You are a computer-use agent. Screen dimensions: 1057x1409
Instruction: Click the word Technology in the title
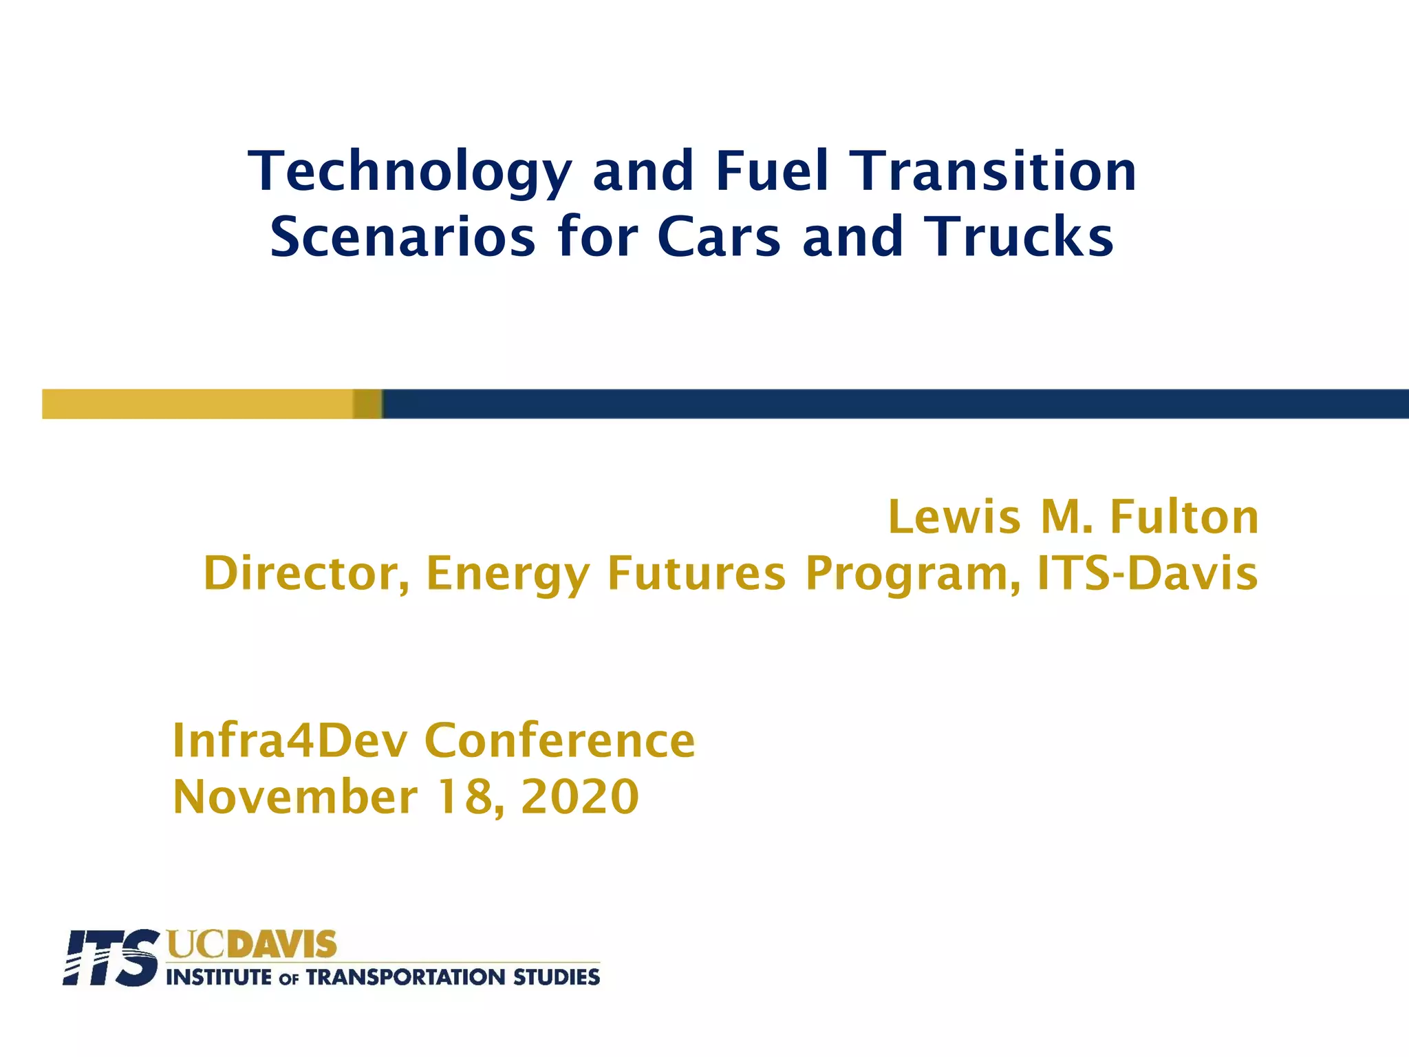click(410, 172)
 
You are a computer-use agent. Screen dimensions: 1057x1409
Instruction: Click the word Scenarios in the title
click(402, 237)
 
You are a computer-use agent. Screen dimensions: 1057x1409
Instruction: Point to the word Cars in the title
click(719, 237)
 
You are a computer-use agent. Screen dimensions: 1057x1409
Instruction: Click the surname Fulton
click(1184, 517)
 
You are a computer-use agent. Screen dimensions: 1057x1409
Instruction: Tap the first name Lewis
click(954, 517)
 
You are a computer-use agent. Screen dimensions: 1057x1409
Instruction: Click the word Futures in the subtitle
click(696, 573)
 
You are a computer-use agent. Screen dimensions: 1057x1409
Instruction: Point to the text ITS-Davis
click(1148, 573)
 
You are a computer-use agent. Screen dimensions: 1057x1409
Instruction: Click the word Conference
click(560, 741)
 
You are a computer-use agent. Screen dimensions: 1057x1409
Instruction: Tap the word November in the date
click(295, 797)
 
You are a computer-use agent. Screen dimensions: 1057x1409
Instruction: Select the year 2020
click(580, 797)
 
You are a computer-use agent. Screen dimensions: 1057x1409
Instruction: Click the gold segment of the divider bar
click(200, 404)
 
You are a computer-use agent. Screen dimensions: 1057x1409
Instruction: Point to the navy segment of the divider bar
click(894, 404)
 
